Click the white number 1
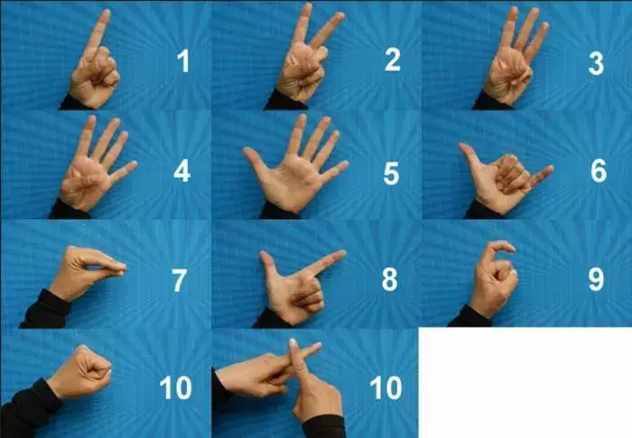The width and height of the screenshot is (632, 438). [183, 61]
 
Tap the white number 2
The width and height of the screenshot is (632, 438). [393, 60]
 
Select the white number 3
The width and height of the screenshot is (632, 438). [596, 63]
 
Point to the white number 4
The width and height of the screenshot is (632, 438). [181, 171]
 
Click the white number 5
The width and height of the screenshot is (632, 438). [391, 173]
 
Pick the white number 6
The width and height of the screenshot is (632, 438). [599, 171]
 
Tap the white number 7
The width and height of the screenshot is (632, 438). [180, 280]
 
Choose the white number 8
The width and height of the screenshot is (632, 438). [390, 279]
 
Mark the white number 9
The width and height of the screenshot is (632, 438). [596, 279]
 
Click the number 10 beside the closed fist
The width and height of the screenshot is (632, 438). [175, 388]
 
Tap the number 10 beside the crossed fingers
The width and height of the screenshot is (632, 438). [386, 388]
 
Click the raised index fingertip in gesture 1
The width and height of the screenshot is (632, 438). [106, 14]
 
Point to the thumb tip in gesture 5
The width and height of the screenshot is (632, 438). [247, 152]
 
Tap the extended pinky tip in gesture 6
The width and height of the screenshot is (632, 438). [549, 169]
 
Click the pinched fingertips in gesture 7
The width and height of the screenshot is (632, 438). [121, 268]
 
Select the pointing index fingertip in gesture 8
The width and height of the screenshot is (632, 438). [340, 254]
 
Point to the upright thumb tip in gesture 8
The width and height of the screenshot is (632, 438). [264, 256]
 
